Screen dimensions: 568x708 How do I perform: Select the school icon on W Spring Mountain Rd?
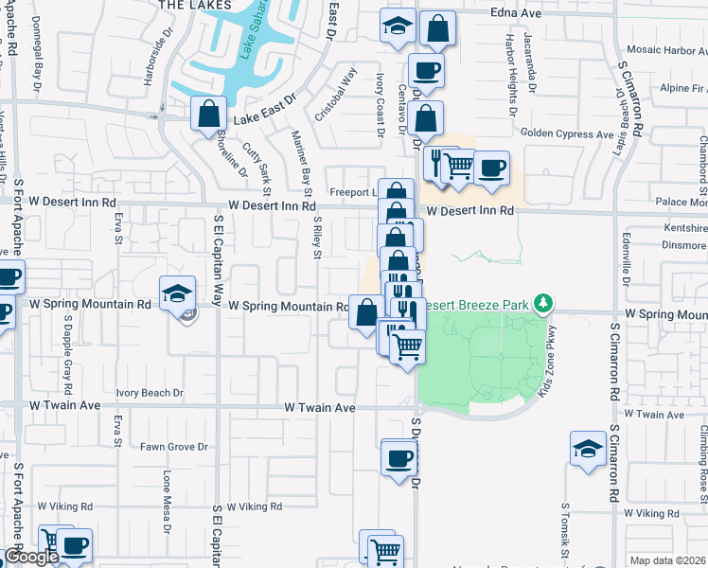(177, 294)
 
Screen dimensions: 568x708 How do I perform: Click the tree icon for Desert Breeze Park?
(542, 303)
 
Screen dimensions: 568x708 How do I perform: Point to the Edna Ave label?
(515, 13)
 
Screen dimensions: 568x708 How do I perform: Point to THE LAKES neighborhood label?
(195, 5)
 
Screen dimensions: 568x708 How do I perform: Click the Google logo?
(31, 557)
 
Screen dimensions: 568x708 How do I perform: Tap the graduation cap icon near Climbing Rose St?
(588, 449)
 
